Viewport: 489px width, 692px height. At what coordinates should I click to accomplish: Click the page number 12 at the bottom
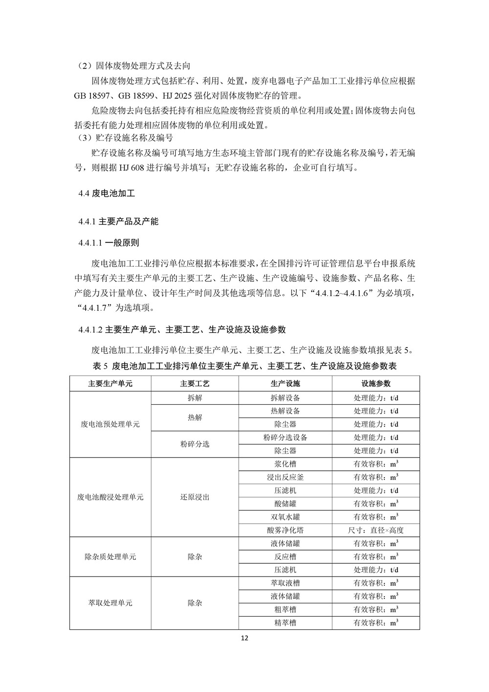click(245, 638)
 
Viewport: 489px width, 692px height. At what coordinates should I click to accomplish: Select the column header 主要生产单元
click(110, 384)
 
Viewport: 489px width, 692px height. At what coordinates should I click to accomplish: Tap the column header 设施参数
click(376, 384)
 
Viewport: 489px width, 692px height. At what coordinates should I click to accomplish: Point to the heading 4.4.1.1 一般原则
click(109, 243)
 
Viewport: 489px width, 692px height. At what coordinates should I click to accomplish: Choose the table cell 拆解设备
click(285, 397)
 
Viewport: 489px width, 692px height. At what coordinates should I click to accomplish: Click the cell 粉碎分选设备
click(285, 437)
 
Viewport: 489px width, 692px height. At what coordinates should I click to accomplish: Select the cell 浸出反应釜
click(285, 477)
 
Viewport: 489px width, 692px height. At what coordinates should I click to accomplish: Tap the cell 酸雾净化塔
click(285, 530)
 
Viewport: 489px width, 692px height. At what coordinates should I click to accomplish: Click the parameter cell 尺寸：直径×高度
click(376, 530)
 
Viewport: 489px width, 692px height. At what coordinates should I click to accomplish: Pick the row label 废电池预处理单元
click(110, 424)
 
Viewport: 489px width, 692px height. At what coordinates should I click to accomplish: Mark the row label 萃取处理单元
click(110, 603)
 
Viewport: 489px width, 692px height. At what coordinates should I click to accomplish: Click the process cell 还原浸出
click(195, 497)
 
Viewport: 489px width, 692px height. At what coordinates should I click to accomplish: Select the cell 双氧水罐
click(285, 517)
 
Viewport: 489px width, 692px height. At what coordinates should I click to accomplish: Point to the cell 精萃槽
click(285, 623)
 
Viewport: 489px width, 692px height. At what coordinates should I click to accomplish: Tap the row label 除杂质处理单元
click(110, 556)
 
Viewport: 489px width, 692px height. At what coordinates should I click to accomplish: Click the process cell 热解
click(195, 417)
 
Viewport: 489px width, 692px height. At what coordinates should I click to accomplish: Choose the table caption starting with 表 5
click(244, 366)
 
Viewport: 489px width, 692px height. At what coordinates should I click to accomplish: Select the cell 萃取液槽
click(285, 583)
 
